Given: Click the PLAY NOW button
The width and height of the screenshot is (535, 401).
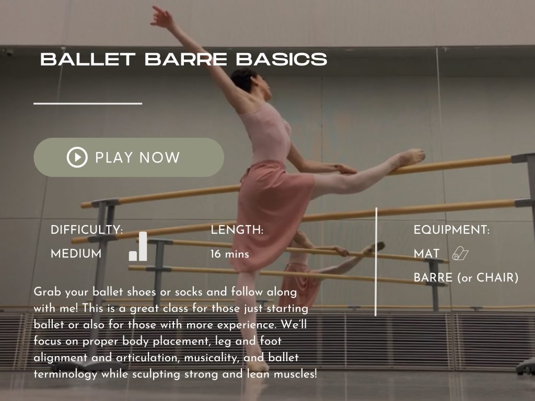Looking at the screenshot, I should pos(129,157).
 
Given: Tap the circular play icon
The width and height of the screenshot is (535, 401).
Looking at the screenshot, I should pos(77,157).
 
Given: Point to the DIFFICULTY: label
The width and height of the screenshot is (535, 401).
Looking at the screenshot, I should pos(87,230).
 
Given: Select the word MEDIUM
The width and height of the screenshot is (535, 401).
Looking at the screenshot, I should pos(76,254).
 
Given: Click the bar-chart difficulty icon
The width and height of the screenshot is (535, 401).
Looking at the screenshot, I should pos(138,247).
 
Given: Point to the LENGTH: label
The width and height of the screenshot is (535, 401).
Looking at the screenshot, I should pos(237,230).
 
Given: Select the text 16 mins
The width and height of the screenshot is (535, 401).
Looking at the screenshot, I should pos(230,254).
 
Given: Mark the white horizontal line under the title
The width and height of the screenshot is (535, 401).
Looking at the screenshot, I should pos(88,103).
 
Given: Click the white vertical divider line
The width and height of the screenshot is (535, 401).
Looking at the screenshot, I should pos(376,261).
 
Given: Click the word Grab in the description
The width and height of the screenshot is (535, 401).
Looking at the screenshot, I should pos(45,292).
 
